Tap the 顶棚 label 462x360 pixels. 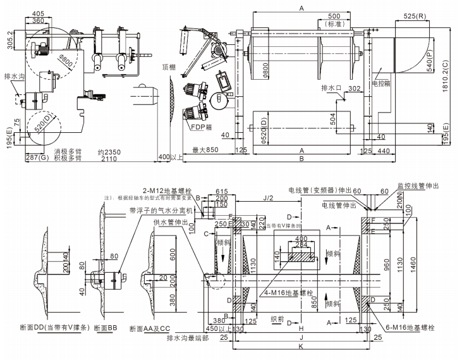pos(168,66)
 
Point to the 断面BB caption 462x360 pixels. pos(104,328)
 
